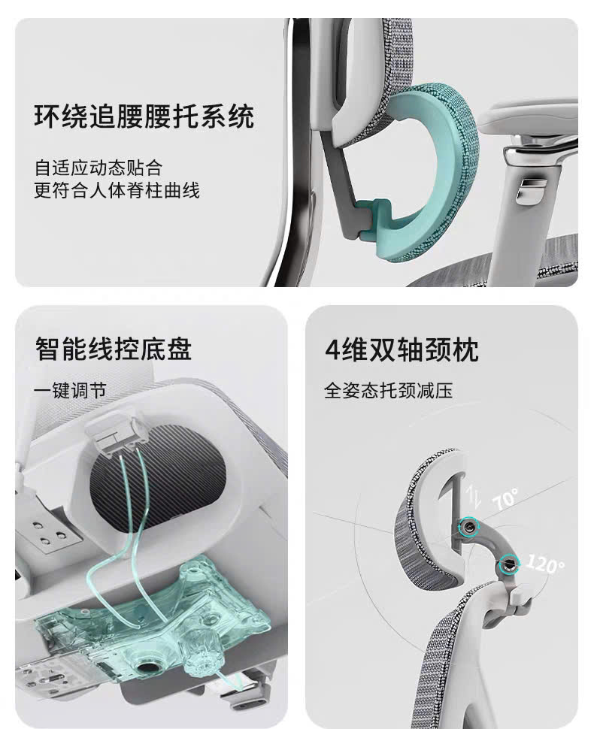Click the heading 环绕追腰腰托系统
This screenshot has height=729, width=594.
[x=144, y=117]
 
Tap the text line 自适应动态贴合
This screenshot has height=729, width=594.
[x=98, y=167]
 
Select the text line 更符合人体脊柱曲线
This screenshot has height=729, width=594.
[x=117, y=190]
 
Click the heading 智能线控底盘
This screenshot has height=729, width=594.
[x=113, y=349]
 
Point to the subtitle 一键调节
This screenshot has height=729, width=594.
[x=70, y=391]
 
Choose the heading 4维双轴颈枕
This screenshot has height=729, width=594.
[x=402, y=349]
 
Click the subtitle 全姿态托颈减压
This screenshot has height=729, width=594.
[x=388, y=391]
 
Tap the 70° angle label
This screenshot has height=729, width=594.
[x=505, y=500]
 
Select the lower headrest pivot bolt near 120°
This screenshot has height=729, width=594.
[x=509, y=561]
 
